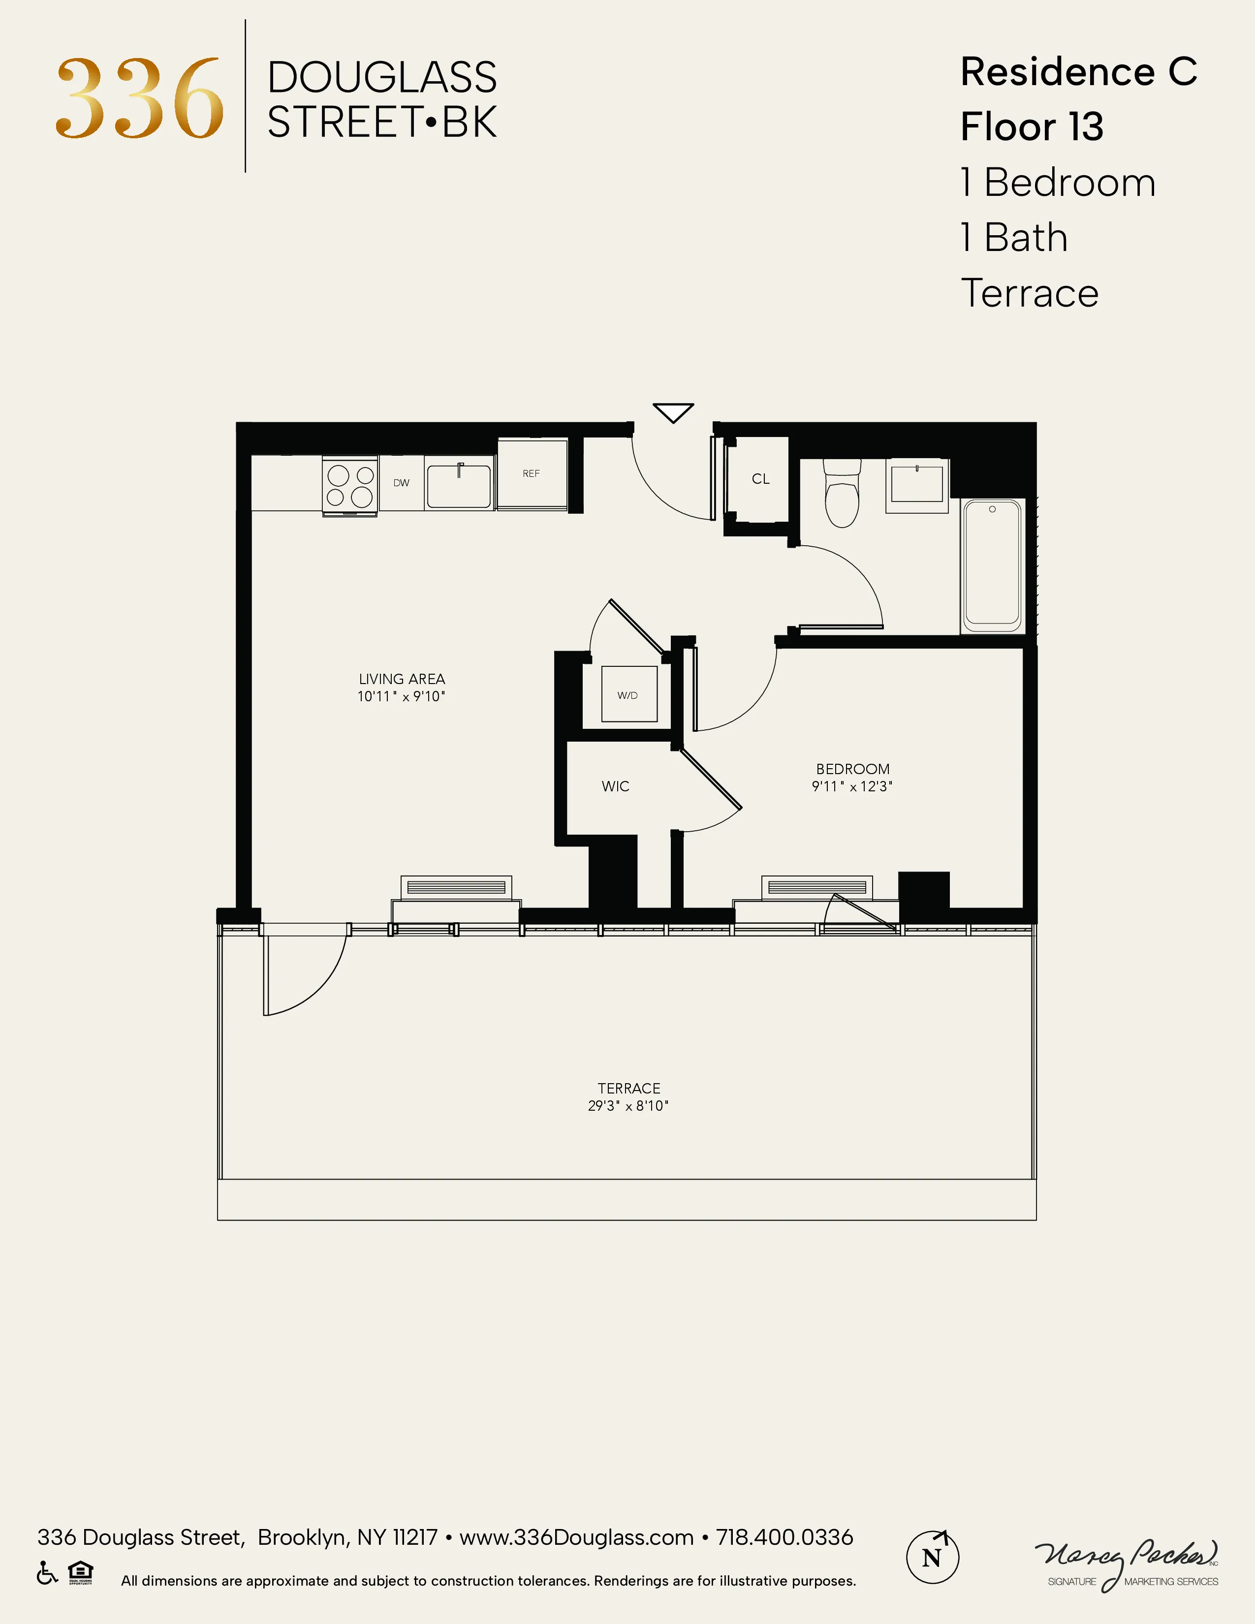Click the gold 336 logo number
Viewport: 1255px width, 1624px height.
pos(140,99)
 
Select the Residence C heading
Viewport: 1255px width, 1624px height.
pos(1078,72)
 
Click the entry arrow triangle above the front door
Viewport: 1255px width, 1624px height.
pos(673,412)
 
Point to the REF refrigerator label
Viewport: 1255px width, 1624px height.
pos(531,473)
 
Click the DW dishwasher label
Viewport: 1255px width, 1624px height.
pos(402,483)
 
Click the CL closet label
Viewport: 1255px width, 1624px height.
pos(760,479)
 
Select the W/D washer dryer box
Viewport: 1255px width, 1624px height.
pos(628,694)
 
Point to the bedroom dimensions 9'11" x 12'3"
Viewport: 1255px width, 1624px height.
pos(851,787)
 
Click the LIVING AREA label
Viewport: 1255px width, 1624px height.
pos(402,679)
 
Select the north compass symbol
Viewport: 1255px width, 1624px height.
pos(932,1557)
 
